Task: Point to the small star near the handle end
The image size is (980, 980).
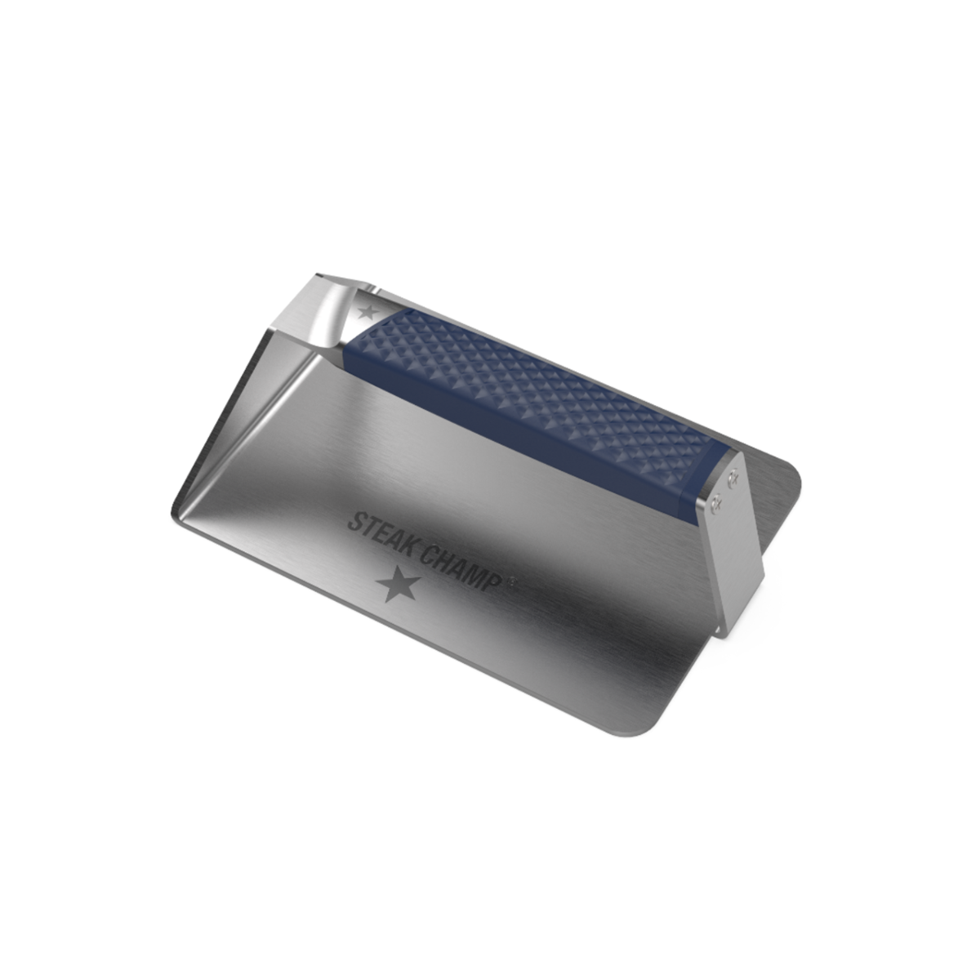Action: [x=367, y=312]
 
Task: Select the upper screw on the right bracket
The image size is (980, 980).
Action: [x=733, y=476]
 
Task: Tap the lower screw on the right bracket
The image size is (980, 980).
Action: [x=717, y=503]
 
